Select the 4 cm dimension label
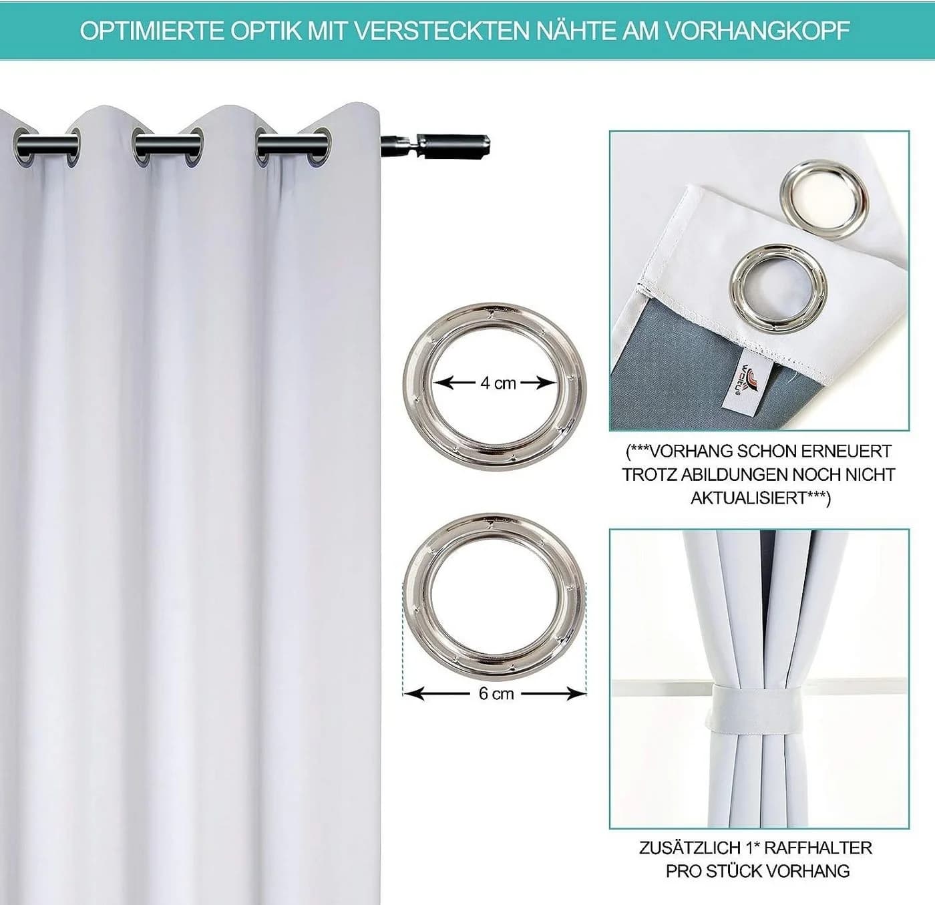[498, 383]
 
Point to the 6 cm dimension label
[496, 693]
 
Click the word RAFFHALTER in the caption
[817, 848]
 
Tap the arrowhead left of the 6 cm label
[414, 693]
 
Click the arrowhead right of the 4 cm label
[546, 383]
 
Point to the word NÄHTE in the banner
[576, 31]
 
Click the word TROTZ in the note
[649, 475]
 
